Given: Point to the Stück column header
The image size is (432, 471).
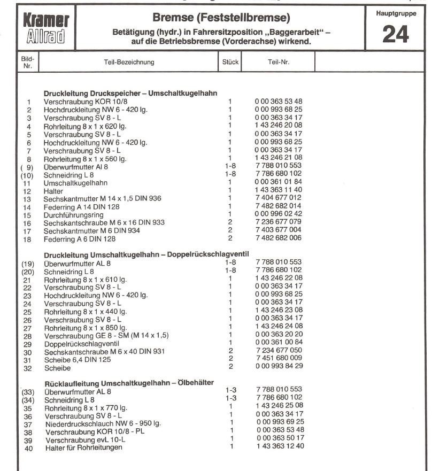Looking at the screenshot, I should pyautogui.click(x=230, y=62).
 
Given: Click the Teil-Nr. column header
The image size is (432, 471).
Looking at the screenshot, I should pyautogui.click(x=278, y=62).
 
